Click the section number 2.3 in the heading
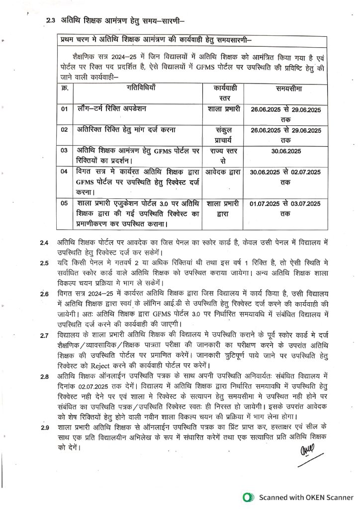(x=50, y=21)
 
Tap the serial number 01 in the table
(x=65, y=108)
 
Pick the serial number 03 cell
(x=65, y=150)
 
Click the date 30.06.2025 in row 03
(x=285, y=150)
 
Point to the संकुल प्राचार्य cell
(x=224, y=135)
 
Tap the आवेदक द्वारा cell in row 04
(x=224, y=172)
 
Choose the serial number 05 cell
(x=65, y=203)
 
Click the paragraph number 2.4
(x=45, y=243)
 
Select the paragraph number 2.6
(x=45, y=294)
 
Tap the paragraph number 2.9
(x=45, y=427)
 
